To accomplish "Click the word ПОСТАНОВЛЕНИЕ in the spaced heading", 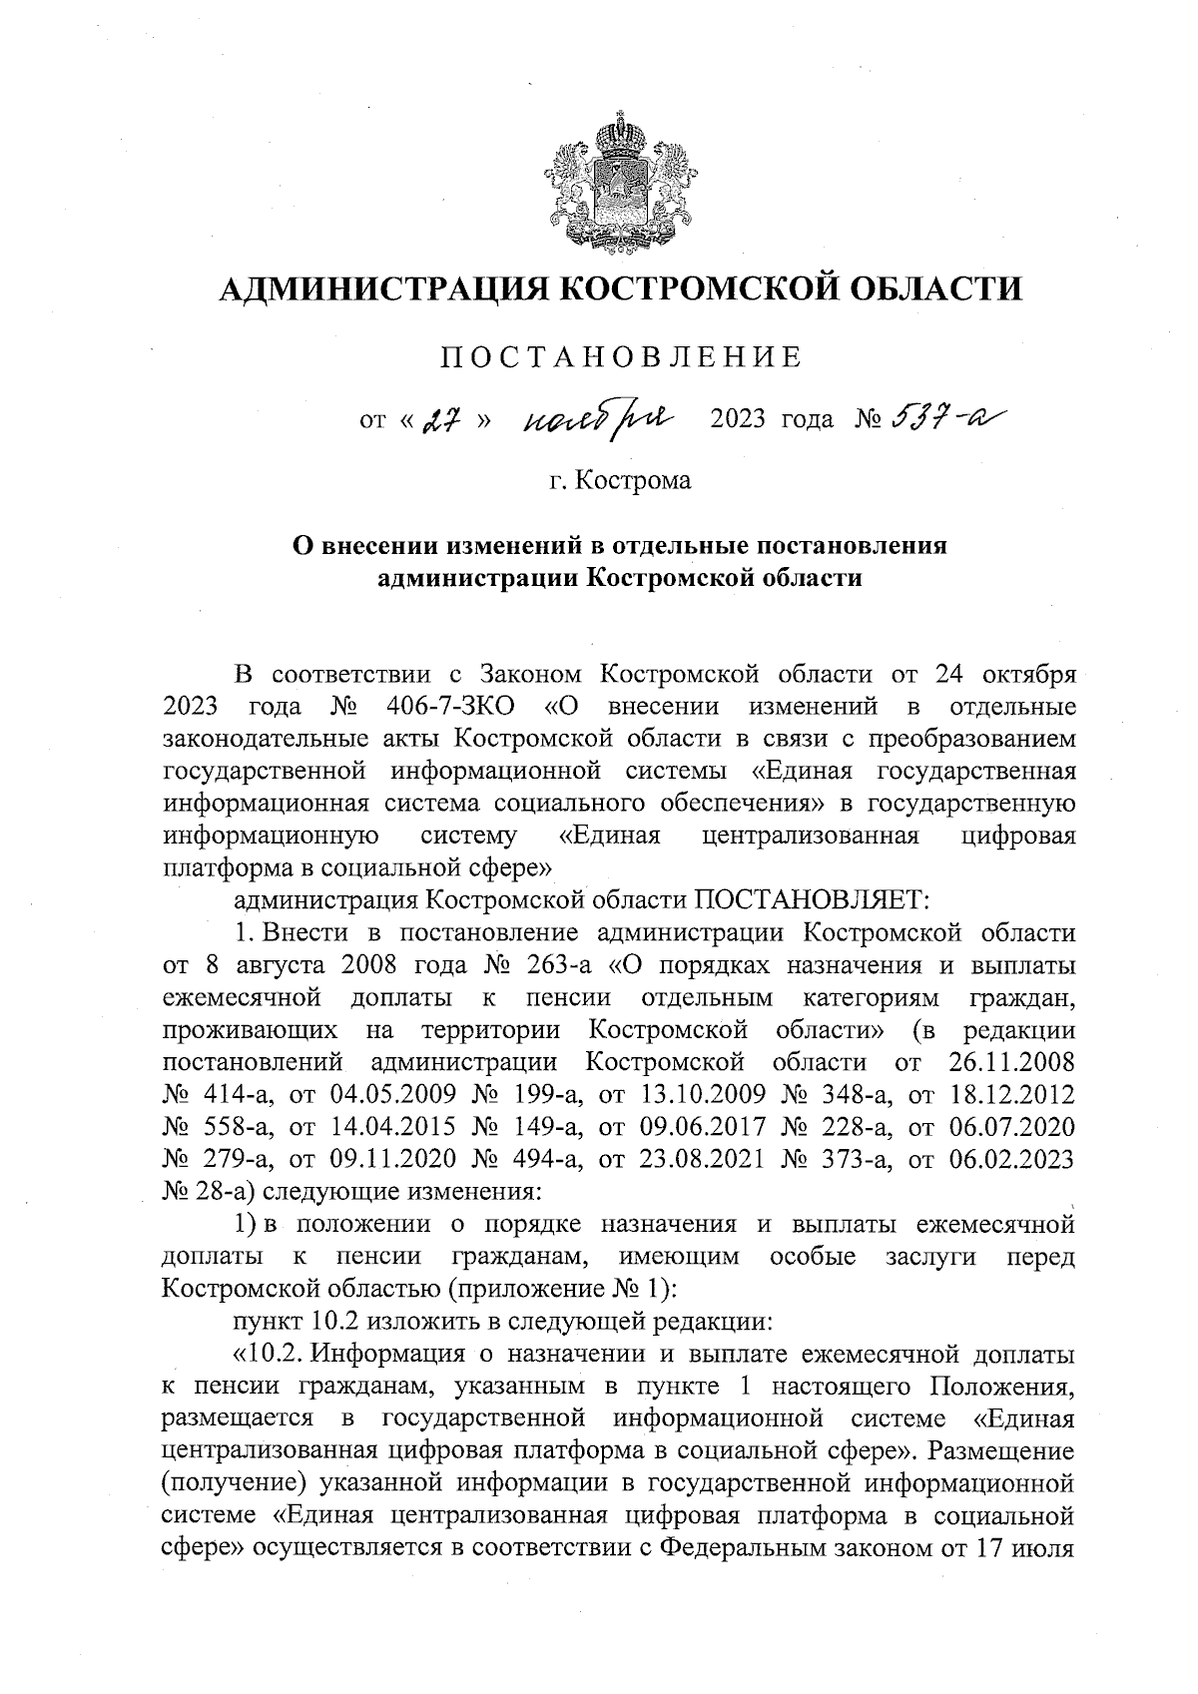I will (x=622, y=357).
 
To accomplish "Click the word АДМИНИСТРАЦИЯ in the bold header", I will (x=373, y=290).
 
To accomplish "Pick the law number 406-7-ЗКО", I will (x=448, y=708).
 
